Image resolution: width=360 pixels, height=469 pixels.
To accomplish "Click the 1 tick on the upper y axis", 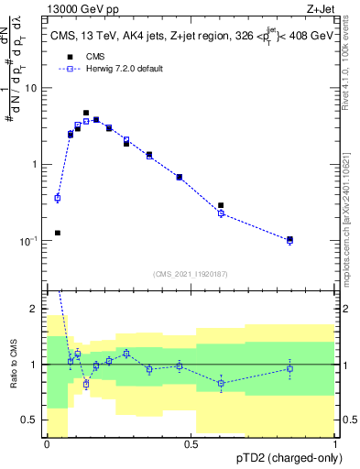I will (x=37, y=165).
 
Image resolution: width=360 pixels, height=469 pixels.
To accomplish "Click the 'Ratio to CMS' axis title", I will (x=12, y=365).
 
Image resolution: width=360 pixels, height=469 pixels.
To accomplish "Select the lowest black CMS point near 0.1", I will (x=58, y=233).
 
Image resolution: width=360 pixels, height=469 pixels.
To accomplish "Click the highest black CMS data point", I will (x=86, y=113).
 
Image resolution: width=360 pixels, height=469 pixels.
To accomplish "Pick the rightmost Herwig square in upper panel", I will (x=289, y=241).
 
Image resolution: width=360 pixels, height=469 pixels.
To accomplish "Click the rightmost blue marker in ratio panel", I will (x=289, y=369).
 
